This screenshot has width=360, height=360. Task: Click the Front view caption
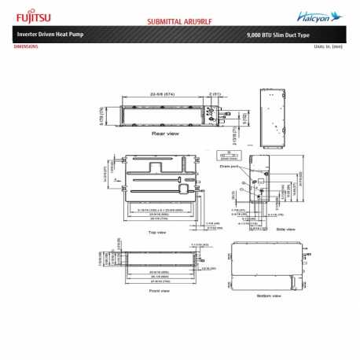pos(160,290)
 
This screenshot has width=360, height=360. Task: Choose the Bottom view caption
pos(267,296)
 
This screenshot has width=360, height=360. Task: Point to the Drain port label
pos(229,166)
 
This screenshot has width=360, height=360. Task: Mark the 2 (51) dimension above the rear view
pos(214,93)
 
